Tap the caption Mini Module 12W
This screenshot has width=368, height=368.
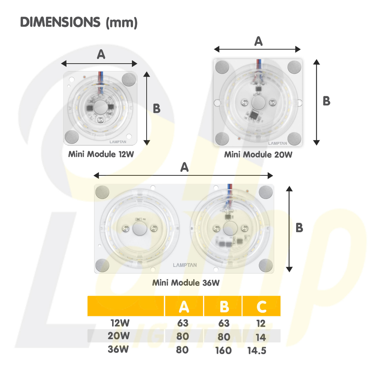pos(101,154)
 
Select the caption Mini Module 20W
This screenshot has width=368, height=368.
pos(258,155)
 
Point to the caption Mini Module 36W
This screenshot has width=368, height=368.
pos(186,282)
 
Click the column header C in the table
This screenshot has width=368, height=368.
pos(262,306)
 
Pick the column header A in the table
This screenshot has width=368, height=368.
pos(184,306)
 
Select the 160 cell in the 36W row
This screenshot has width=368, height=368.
pos(224,350)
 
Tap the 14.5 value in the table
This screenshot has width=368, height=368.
pos(257,350)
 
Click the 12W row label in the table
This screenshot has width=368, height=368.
pos(120,323)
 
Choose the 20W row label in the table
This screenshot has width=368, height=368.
pos(119,336)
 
